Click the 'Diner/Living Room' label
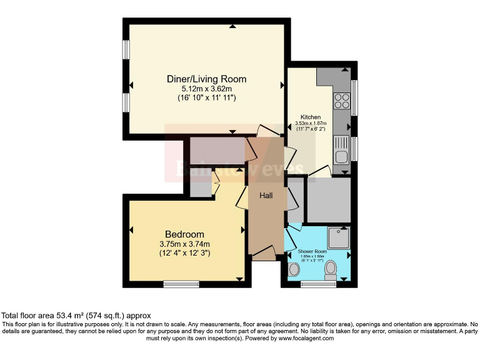206,79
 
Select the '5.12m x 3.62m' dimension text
206,89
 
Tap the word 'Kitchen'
311,117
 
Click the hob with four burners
342,101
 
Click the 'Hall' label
266,196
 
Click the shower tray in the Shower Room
338,237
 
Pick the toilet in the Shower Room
331,269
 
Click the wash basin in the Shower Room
293,269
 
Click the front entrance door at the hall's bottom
265,253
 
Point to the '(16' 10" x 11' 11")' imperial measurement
206,98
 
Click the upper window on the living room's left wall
126,49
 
